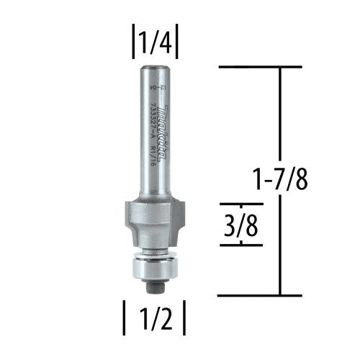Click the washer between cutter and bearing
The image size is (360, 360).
coord(154,253)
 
